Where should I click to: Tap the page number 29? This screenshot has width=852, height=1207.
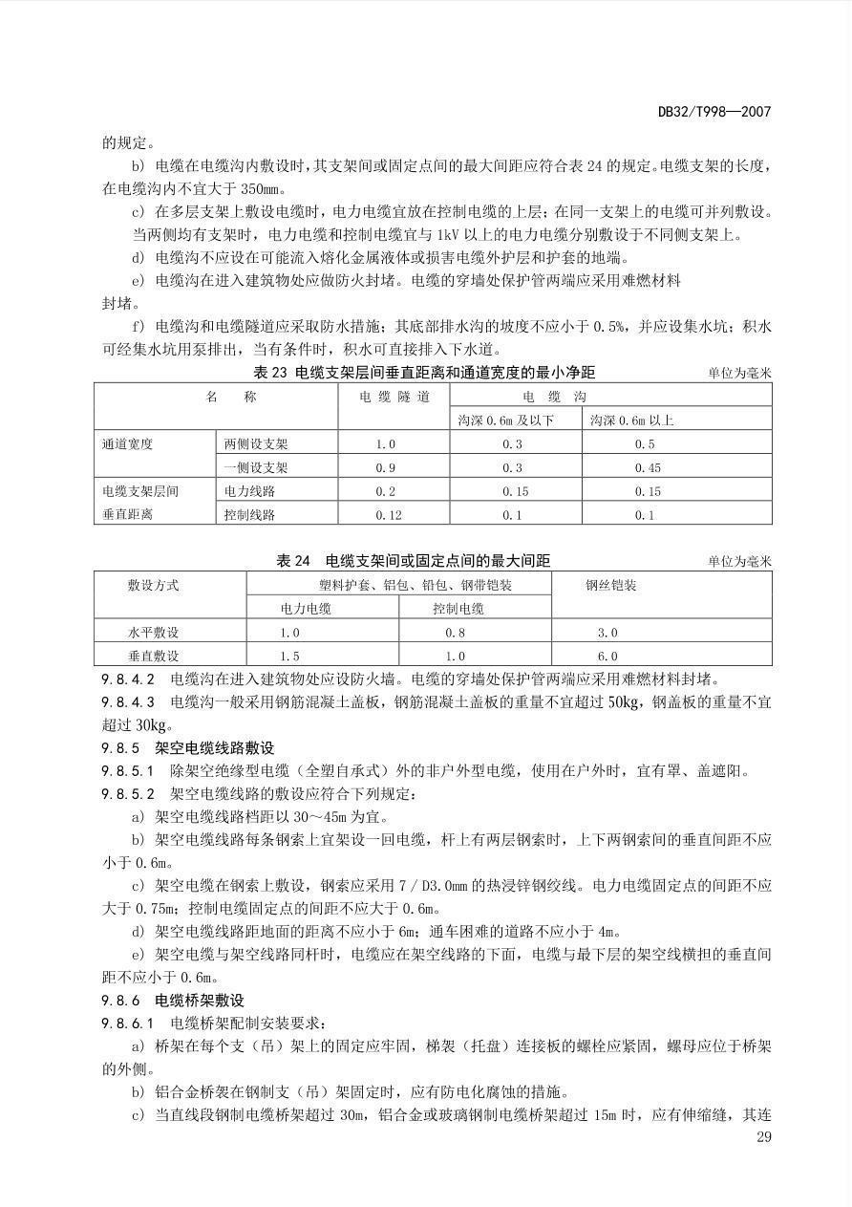762,1136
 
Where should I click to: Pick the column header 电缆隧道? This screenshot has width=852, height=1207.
394,397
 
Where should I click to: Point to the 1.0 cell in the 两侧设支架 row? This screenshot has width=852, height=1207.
385,444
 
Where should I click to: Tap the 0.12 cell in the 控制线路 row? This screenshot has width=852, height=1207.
387,515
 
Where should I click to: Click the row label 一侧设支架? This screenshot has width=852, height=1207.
255,468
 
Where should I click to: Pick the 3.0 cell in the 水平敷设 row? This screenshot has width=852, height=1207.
607,633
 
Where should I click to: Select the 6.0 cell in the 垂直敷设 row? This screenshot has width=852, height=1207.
607,657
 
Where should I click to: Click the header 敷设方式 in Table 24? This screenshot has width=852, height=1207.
153,585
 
